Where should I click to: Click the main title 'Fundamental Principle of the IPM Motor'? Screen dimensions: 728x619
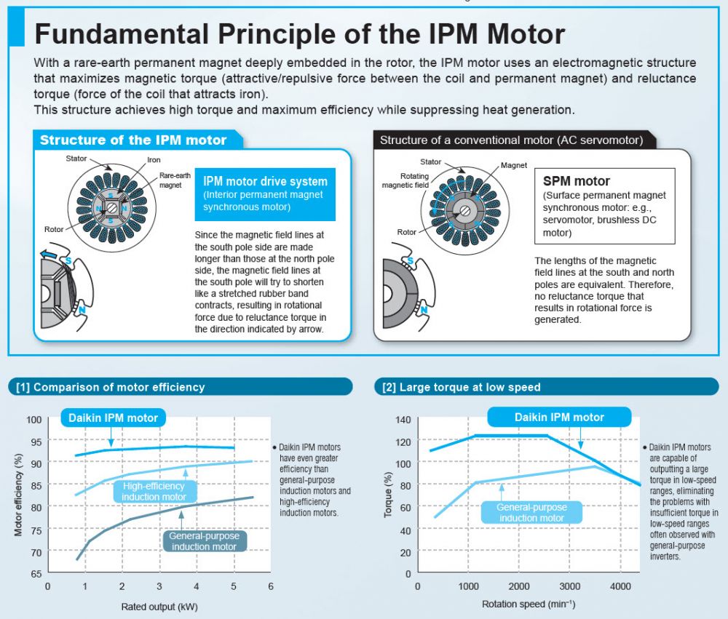coord(300,34)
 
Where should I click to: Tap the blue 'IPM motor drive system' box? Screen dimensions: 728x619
coord(265,194)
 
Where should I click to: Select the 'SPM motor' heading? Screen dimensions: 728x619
coord(576,181)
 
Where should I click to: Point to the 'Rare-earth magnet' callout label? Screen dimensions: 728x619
coord(175,180)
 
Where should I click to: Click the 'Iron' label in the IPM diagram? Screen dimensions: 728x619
coord(154,159)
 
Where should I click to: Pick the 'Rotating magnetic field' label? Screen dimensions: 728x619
coord(405,180)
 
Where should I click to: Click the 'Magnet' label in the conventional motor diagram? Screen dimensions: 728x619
coord(513,165)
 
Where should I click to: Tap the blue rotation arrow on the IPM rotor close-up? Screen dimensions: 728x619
coord(50,254)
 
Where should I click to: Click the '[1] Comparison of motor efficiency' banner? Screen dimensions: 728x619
coord(180,386)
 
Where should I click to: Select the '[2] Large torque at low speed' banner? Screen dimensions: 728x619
coord(546,386)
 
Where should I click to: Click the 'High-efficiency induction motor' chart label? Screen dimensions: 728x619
coord(154,492)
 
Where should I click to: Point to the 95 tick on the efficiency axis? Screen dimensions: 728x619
coord(36,442)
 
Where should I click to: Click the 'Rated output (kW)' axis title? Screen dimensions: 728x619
coord(159,607)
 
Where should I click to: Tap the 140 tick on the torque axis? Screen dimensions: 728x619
coord(403,420)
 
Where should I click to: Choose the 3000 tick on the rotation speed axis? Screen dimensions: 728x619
coord(570,586)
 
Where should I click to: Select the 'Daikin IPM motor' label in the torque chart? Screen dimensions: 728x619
coord(559,418)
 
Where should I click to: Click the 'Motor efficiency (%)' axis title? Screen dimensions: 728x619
coord(19,495)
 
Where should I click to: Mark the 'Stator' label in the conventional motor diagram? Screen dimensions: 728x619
coord(430,161)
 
